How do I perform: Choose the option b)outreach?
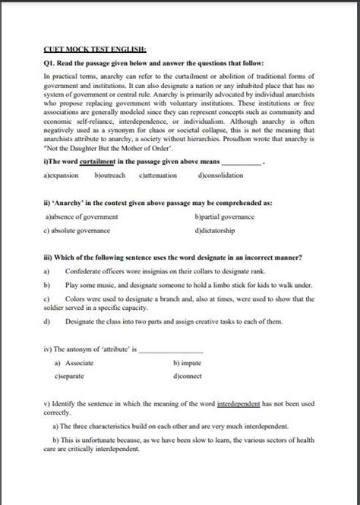click(112, 175)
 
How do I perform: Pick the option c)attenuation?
click(158, 175)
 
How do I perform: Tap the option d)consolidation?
click(220, 175)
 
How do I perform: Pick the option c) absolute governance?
click(77, 230)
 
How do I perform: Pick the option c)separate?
click(69, 376)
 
